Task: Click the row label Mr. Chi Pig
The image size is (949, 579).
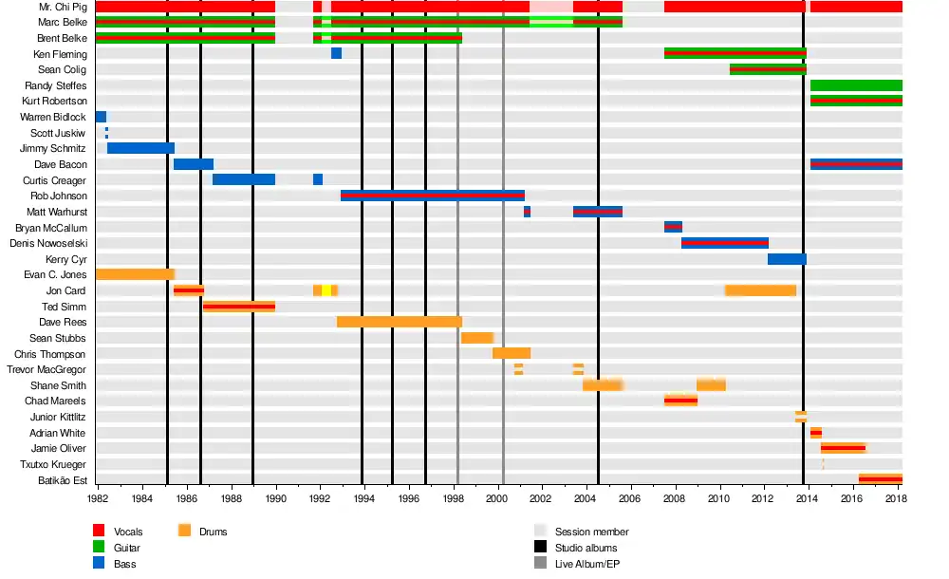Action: tap(61, 7)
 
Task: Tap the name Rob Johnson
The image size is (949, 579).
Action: tap(59, 196)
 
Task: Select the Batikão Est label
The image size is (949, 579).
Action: tap(61, 480)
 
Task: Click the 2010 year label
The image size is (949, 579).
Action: tap(719, 496)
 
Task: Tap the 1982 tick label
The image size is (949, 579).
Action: tap(98, 496)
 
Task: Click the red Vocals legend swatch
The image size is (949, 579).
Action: tap(99, 532)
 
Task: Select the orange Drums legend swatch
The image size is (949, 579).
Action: tap(184, 532)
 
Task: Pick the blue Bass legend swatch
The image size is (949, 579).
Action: tap(99, 564)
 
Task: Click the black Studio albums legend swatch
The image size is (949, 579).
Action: tap(540, 548)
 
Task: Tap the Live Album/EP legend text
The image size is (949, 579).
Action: tap(592, 564)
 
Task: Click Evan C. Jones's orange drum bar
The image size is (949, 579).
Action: tap(135, 274)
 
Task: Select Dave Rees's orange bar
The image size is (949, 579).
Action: tap(399, 322)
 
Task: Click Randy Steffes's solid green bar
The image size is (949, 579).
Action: tap(856, 85)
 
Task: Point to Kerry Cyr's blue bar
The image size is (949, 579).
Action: tap(787, 259)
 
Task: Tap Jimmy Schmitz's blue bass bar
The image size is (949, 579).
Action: tap(140, 148)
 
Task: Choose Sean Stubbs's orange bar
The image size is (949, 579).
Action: tap(477, 338)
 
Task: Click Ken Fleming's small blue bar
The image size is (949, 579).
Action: tap(336, 54)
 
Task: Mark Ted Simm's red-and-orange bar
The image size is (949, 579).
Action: tap(239, 307)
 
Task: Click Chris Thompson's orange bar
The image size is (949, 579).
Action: tap(512, 353)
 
